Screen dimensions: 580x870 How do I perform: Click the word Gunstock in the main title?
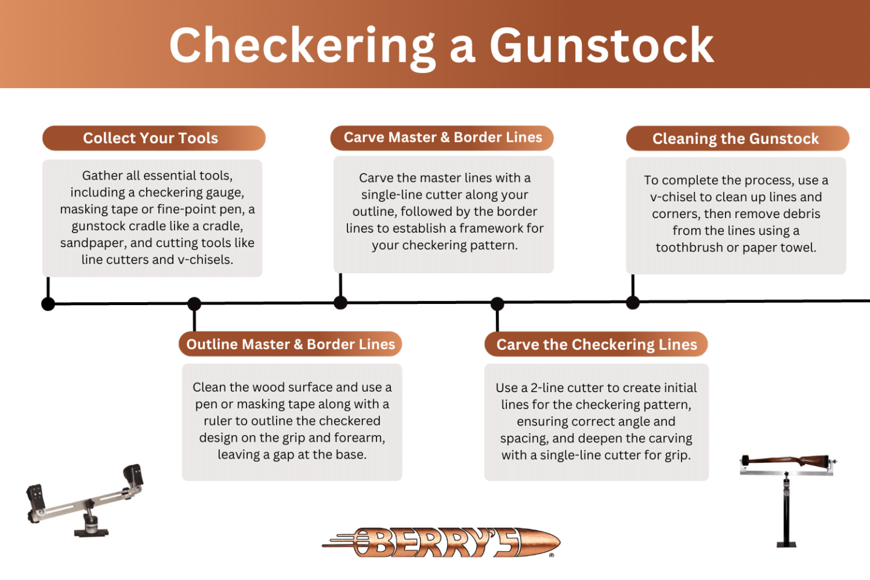pos(601,46)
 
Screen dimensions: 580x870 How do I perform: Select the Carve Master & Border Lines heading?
pos(443,138)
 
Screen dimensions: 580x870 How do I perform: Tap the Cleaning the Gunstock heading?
pos(735,139)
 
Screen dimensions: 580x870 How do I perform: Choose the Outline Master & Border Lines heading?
pos(291,344)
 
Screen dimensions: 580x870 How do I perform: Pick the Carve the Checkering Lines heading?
pos(596,345)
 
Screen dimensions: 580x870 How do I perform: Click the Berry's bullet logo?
pos(441,542)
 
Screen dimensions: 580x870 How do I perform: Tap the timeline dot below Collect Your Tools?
pos(48,304)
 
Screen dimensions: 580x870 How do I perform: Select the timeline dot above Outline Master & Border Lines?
pos(194,303)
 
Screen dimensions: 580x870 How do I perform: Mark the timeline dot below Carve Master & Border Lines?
pos(341,303)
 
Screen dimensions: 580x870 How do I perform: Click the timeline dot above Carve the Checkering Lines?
pos(497,303)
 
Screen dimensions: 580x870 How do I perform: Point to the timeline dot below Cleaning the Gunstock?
pos(633,303)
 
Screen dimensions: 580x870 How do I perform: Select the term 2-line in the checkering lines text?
pos(547,388)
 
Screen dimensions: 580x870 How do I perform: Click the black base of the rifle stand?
pos(786,544)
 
